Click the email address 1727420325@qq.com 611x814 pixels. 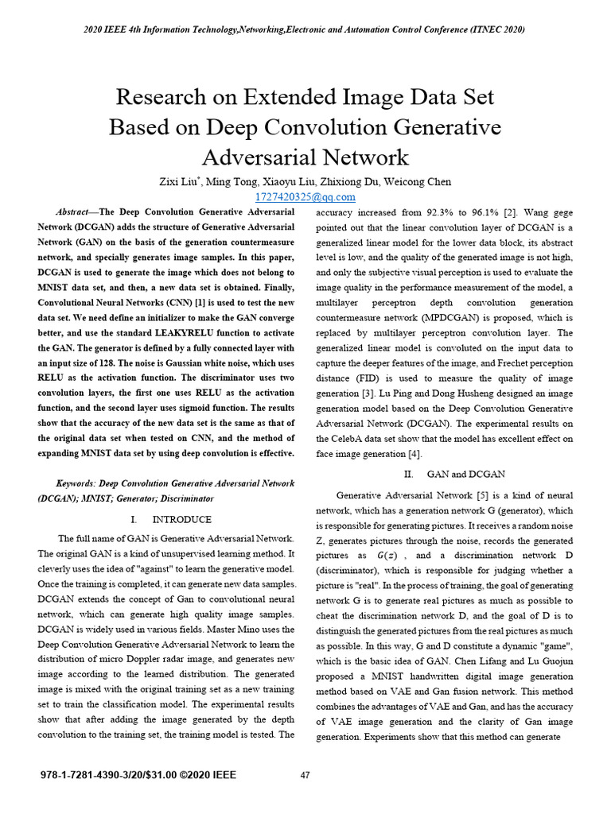pyautogui.click(x=305, y=196)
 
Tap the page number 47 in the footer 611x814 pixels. pyautogui.click(x=305, y=775)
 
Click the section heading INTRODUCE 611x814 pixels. pyautogui.click(x=181, y=519)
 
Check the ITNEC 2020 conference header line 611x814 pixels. pyautogui.click(x=305, y=29)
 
